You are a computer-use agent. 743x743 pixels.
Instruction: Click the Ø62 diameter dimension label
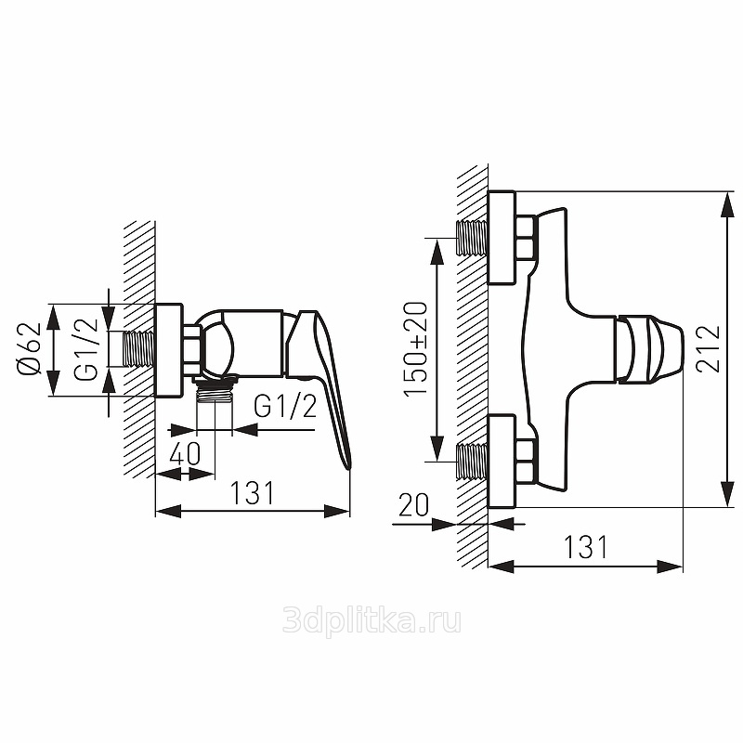(x=30, y=350)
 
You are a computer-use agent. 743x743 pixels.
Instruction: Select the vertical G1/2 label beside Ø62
(x=85, y=349)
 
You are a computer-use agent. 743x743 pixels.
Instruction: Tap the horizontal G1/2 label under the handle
(x=285, y=406)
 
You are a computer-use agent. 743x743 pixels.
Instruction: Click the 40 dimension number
(x=185, y=453)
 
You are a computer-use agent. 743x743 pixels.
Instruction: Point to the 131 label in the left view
(x=252, y=493)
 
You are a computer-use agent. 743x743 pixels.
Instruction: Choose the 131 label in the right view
(x=586, y=547)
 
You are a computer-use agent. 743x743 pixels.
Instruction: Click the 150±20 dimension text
(x=415, y=349)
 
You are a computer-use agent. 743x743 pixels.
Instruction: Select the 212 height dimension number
(x=709, y=348)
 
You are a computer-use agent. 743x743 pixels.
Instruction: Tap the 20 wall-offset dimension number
(x=413, y=505)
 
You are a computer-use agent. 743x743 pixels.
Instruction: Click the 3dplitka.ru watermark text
(x=371, y=621)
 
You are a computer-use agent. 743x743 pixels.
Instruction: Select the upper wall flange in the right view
(x=502, y=238)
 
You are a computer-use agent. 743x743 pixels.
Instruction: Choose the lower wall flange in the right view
(x=502, y=461)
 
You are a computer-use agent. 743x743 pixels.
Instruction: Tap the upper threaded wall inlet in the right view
(x=472, y=238)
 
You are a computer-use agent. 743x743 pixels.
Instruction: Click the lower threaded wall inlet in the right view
(x=472, y=461)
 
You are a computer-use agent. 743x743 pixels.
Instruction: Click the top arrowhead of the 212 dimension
(x=727, y=204)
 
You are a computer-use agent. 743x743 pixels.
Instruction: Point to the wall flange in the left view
(x=169, y=350)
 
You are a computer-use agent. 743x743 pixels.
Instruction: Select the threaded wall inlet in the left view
(x=139, y=349)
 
